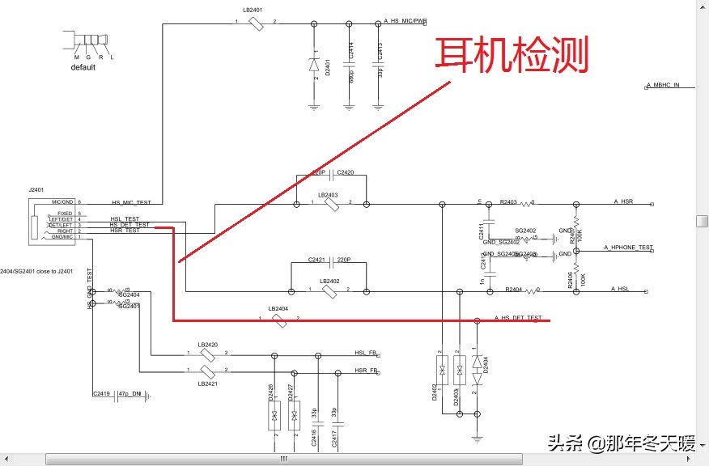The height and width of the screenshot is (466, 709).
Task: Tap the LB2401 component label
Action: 252,10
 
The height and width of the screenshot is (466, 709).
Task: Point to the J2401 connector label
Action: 37,189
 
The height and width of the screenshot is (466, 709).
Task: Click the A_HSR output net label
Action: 622,201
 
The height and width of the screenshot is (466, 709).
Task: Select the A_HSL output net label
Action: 620,289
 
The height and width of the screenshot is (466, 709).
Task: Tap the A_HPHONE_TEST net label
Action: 627,247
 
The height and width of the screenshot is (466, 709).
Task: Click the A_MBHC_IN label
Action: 662,85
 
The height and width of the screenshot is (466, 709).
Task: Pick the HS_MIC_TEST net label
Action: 130,202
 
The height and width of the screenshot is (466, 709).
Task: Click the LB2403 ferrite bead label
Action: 328,195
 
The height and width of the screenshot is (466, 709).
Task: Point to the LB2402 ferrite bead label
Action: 329,282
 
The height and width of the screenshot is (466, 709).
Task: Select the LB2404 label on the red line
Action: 278,309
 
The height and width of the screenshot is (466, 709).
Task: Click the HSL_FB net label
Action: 366,354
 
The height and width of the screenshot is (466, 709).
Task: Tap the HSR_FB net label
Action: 366,371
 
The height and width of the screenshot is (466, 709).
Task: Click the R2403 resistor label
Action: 508,201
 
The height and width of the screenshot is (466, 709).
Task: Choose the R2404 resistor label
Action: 513,289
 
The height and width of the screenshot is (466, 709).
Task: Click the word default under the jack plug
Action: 83,68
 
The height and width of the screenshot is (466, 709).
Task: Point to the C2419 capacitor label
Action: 101,393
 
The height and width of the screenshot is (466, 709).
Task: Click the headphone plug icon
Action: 87,40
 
